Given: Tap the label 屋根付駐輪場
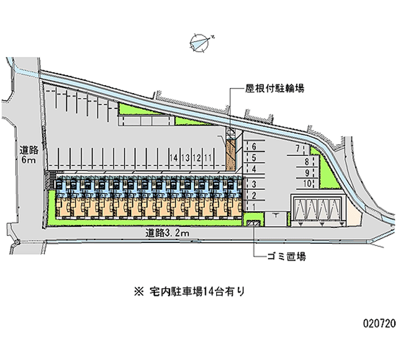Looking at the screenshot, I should [274, 89].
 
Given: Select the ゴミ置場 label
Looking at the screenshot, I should [286, 257].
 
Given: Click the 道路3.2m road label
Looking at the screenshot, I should [166, 232].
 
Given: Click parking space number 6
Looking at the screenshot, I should [253, 146].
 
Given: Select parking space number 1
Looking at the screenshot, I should [253, 206].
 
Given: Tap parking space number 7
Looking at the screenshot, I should [297, 148].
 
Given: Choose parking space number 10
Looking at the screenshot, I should [306, 183].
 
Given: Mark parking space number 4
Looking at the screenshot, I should [253, 170].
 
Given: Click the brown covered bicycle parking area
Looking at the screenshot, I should [230, 155].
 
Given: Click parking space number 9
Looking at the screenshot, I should [307, 172].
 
